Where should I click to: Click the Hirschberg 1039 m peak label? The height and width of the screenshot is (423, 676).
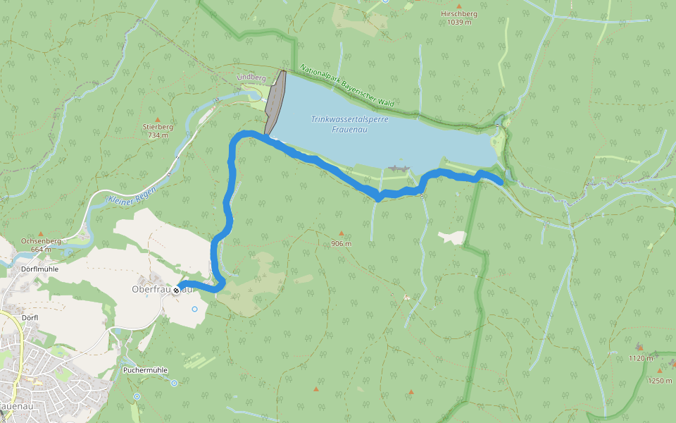(x=458, y=18)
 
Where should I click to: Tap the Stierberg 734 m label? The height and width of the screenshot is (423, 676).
(x=157, y=131)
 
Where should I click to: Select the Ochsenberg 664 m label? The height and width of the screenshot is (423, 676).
(x=42, y=245)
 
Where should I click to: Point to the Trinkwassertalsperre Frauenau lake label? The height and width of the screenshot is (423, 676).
(x=349, y=124)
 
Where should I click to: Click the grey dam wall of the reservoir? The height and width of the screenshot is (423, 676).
(x=275, y=103)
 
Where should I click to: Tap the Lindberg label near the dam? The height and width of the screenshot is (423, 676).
(x=251, y=77)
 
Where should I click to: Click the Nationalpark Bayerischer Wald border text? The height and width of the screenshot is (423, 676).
(x=346, y=86)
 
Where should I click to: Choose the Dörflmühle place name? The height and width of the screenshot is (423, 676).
(x=40, y=269)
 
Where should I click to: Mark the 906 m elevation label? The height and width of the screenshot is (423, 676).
(x=341, y=244)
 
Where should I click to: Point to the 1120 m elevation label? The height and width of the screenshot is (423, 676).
(x=641, y=358)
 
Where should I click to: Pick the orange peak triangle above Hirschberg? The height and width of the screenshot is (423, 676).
(x=458, y=6)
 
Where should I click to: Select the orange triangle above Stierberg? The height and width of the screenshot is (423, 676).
(x=157, y=120)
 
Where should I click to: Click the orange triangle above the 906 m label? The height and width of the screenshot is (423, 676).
(x=341, y=233)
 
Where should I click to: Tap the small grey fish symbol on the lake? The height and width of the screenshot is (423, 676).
(x=399, y=169)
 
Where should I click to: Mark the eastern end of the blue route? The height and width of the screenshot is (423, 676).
(x=500, y=183)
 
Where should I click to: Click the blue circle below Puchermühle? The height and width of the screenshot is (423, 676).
(x=174, y=383)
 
